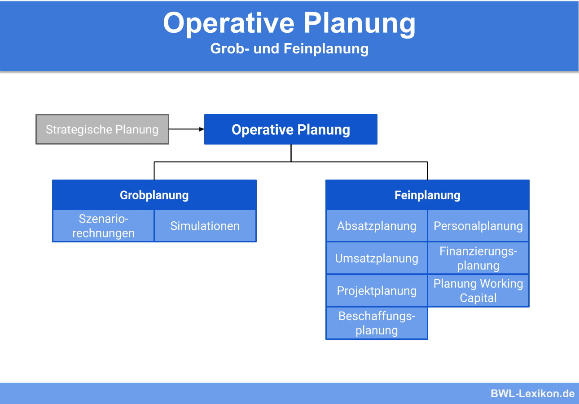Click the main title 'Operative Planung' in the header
click(x=289, y=23)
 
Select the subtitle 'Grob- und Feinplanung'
click(x=289, y=48)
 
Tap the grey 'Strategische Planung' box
click(x=102, y=129)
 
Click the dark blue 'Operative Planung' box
click(x=290, y=129)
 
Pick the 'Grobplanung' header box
click(x=154, y=195)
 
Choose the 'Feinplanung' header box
click(x=427, y=195)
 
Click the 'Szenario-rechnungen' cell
click(x=103, y=226)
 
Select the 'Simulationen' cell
click(x=205, y=226)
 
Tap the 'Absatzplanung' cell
click(x=377, y=226)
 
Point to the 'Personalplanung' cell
click(x=478, y=226)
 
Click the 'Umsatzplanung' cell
click(x=377, y=258)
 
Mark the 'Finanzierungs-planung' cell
click(x=478, y=258)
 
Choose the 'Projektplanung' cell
click(x=377, y=290)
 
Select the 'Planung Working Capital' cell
click(x=478, y=290)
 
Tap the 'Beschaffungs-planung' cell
click(x=377, y=323)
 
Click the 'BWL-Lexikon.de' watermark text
click(x=532, y=394)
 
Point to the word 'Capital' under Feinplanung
click(x=478, y=298)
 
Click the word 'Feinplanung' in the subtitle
click(x=326, y=48)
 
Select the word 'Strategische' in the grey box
click(x=79, y=129)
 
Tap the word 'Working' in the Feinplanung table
click(x=501, y=284)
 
